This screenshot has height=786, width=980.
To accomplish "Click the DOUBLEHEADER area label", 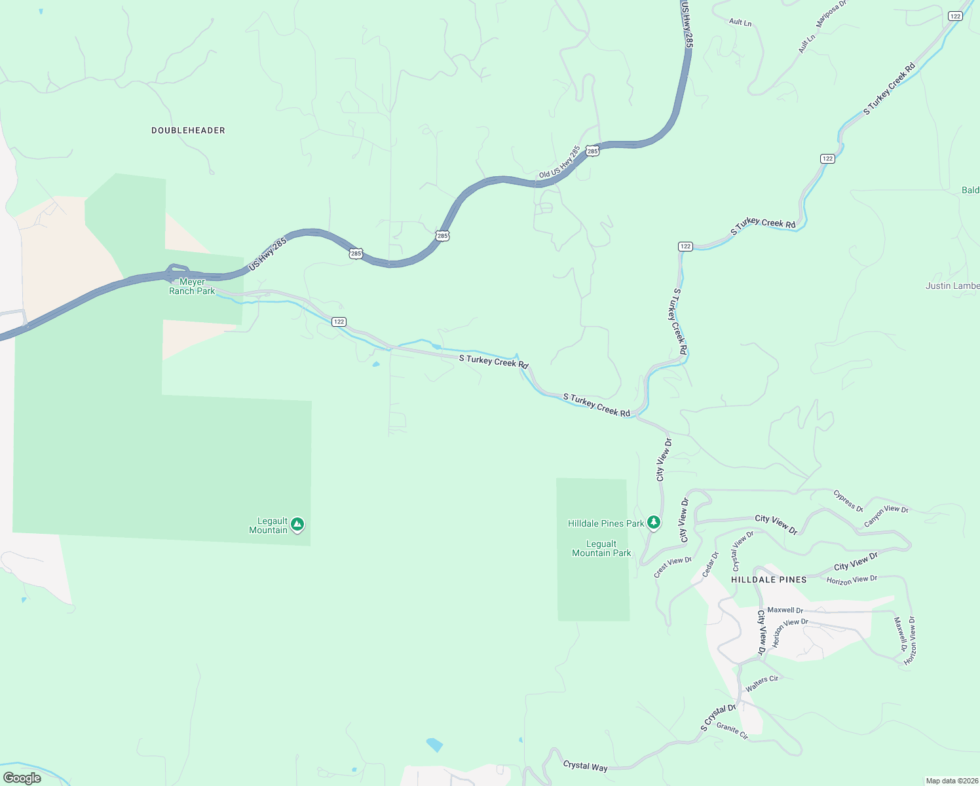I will (x=188, y=130).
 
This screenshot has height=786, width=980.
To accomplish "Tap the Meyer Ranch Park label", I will (x=192, y=287).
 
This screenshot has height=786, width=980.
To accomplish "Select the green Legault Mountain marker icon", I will (x=297, y=524).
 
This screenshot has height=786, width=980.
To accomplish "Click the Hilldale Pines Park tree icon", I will (x=653, y=522).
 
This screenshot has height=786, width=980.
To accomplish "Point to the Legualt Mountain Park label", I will (x=601, y=549).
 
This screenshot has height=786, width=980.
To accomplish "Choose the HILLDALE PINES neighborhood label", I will (x=768, y=580).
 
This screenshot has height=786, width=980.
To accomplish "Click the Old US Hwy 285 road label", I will (x=559, y=162).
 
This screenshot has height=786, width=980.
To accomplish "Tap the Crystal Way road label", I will (x=585, y=766).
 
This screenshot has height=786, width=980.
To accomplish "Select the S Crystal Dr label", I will (x=718, y=717).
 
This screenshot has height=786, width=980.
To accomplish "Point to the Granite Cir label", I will (x=732, y=731).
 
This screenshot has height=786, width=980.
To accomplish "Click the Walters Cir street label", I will (x=762, y=683).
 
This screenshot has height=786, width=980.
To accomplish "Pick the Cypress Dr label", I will (x=848, y=500).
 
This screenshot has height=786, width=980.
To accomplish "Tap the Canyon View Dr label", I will (x=886, y=515).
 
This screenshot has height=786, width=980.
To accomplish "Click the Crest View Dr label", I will (x=673, y=567).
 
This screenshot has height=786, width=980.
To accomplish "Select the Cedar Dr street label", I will (x=710, y=565).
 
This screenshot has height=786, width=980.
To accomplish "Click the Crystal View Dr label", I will (x=743, y=550).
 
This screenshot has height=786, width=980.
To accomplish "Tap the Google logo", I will (x=22, y=778).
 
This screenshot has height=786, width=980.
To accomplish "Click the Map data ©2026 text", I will (x=951, y=781).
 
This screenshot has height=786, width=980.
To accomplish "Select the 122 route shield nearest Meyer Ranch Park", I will (x=339, y=322).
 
